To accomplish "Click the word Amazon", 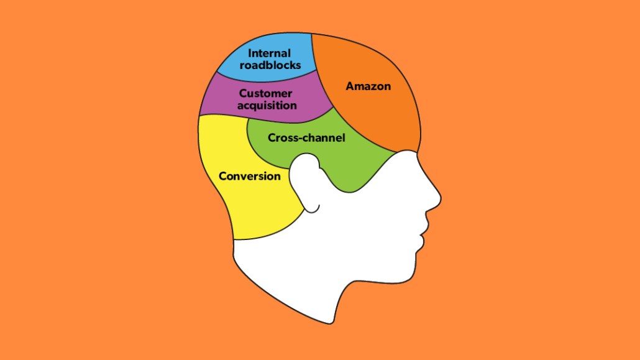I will click(x=368, y=86).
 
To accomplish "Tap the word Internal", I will click(x=269, y=53).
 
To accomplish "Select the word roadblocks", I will click(x=270, y=65).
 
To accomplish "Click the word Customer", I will click(x=265, y=94).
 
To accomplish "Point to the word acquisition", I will click(x=267, y=105).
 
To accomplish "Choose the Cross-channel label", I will click(x=306, y=138).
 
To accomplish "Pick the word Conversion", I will click(x=250, y=176).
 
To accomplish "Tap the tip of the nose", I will click(x=439, y=200).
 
